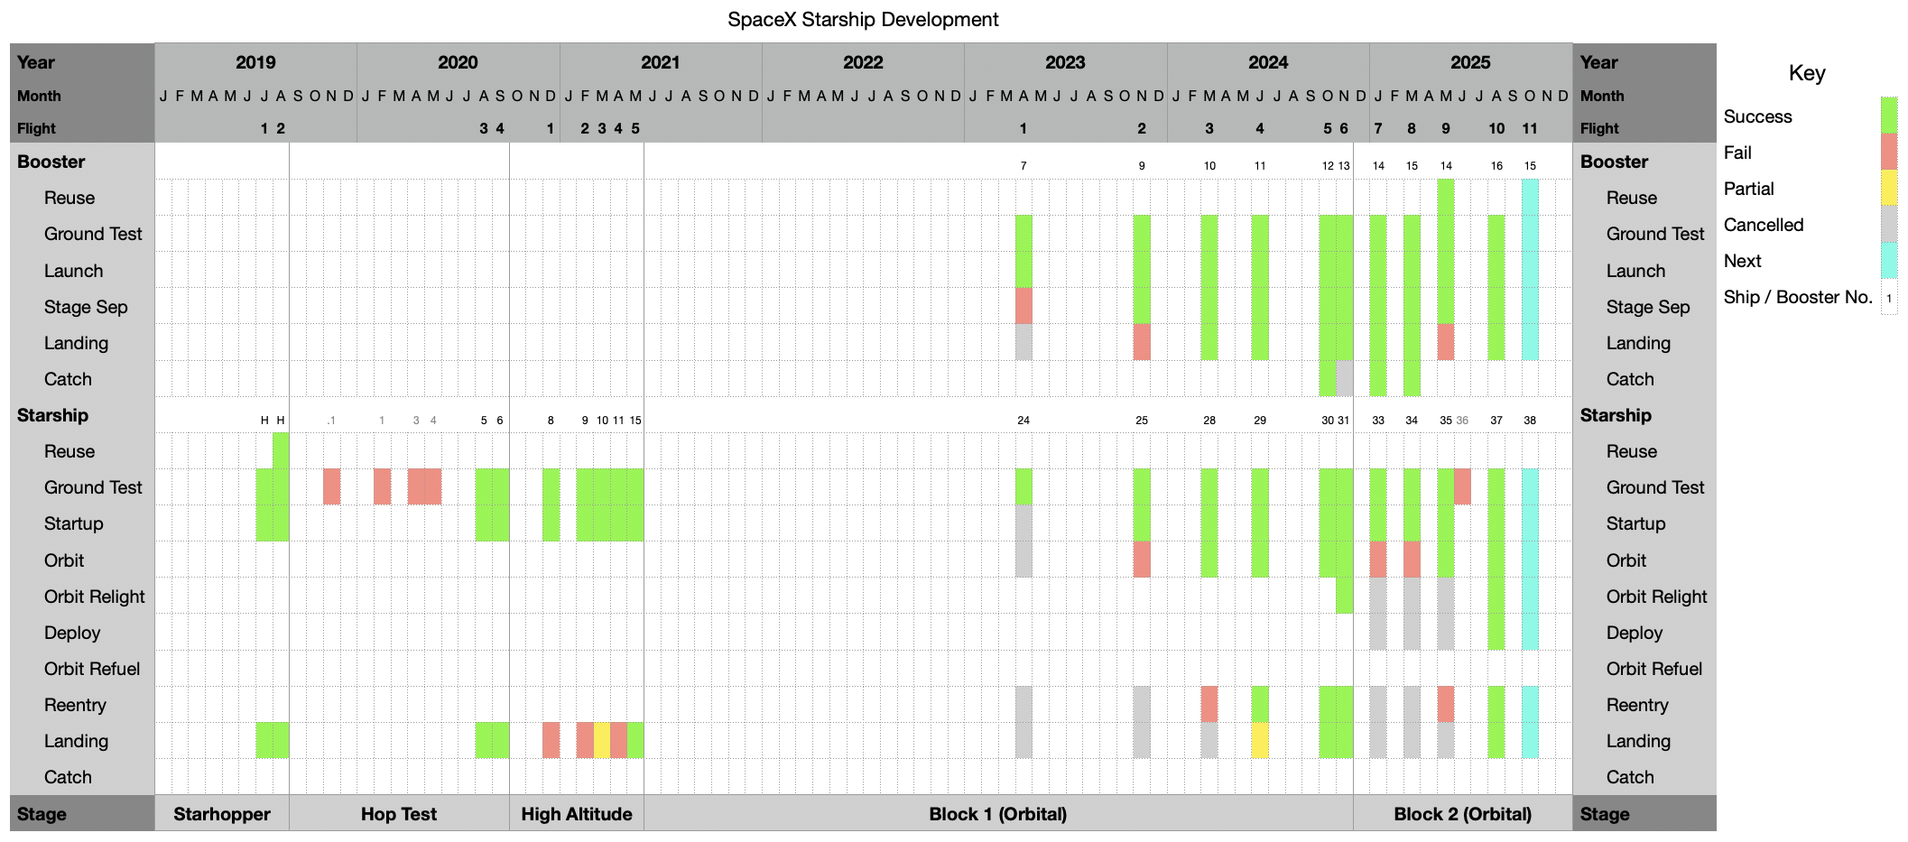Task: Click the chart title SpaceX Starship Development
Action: pos(863,19)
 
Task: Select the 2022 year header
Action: pos(863,62)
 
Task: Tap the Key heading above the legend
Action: pos(1807,73)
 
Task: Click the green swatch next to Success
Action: pos(1889,116)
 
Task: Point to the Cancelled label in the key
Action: pos(1764,225)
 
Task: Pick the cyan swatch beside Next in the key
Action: pos(1889,260)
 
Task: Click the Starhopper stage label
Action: pos(222,814)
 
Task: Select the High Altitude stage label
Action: pos(577,814)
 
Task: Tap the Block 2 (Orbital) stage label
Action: pos(1462,814)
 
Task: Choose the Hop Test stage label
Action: pos(399,814)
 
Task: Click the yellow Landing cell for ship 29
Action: pos(1260,740)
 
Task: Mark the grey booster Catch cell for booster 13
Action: pos(1345,378)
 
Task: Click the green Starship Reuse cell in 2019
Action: pos(281,450)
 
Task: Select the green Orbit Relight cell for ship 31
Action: pos(1345,596)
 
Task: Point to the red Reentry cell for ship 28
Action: pos(1209,704)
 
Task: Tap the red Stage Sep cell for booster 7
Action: pos(1023,306)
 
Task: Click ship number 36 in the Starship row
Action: pos(1462,421)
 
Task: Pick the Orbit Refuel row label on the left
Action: pos(92,669)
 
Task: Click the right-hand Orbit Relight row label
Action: pos(1656,597)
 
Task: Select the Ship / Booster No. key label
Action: pos(1798,297)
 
